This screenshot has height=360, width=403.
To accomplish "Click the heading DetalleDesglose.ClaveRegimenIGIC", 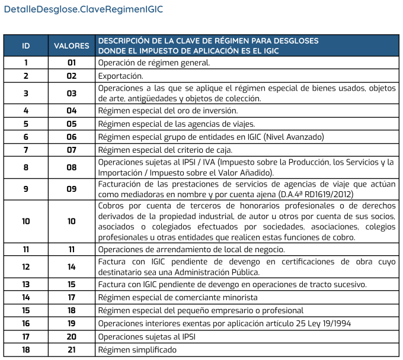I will click(x=83, y=10).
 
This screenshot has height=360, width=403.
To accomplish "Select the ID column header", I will click(x=26, y=46).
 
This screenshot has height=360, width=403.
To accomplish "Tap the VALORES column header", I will click(x=72, y=46).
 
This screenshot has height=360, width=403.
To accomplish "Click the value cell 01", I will click(x=72, y=62).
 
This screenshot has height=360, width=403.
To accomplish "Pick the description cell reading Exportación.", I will click(x=120, y=76).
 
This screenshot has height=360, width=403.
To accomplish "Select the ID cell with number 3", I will click(x=26, y=93).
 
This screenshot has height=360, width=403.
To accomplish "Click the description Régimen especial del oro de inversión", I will click(x=168, y=111).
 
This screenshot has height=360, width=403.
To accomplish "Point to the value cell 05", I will click(x=72, y=124).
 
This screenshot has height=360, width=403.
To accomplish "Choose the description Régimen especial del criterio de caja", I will click(x=165, y=150).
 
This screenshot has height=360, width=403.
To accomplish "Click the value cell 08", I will click(x=72, y=168).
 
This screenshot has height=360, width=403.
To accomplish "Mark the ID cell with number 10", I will click(x=26, y=221).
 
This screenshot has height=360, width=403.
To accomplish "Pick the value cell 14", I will click(x=72, y=267).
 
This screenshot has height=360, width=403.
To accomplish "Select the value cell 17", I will click(x=72, y=297).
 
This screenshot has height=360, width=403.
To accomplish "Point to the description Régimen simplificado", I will click(x=137, y=350).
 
